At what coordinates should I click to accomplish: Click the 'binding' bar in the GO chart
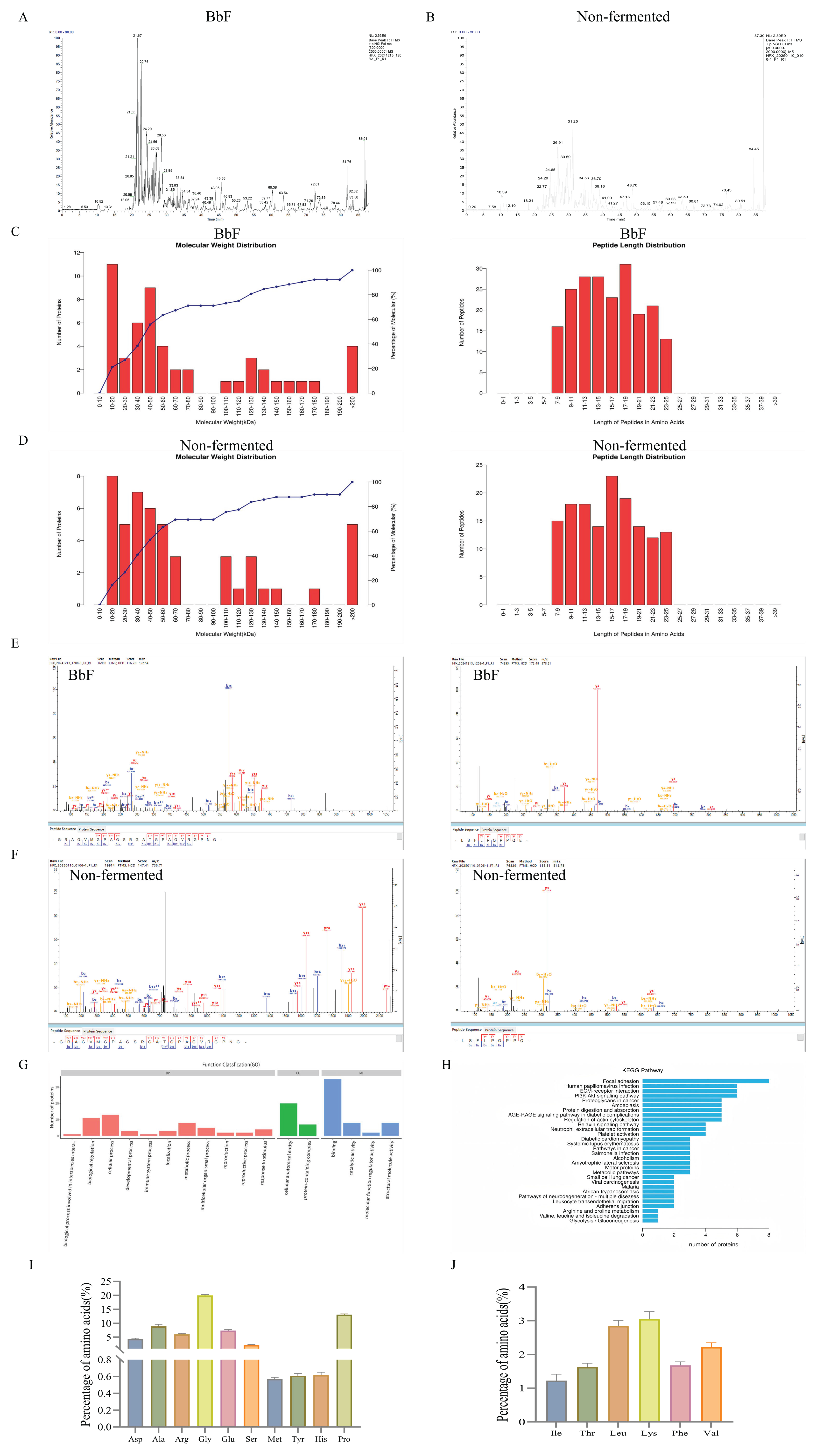click(x=332, y=1107)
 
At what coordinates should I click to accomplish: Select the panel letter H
click(x=447, y=1065)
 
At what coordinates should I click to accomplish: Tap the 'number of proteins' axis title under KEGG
click(x=713, y=1244)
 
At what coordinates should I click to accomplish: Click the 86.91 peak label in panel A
click(x=363, y=139)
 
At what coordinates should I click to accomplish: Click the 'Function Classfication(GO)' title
click(x=231, y=1065)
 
